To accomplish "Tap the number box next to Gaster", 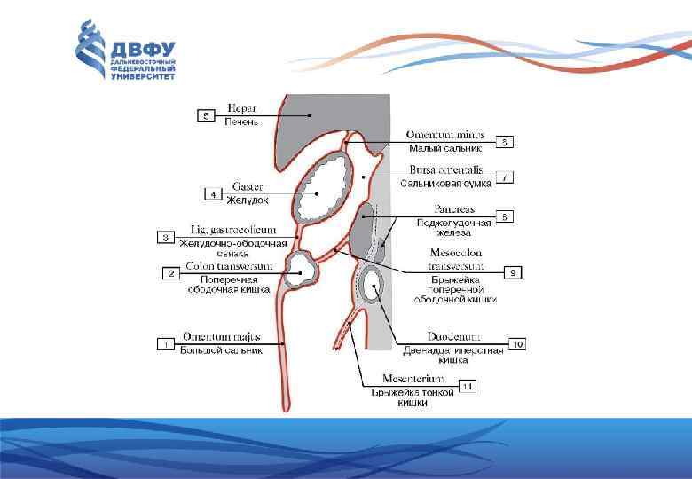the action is [x=213, y=193].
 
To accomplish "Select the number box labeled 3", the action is [x=166, y=237].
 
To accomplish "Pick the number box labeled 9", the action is [x=513, y=272].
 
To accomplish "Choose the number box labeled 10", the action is [x=516, y=343].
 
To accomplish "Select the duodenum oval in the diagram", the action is [x=373, y=287].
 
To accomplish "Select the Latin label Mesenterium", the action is [x=414, y=379].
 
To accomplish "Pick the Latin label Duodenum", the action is [x=453, y=337].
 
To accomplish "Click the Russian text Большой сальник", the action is [x=222, y=349].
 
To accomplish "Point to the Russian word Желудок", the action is [x=247, y=200].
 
